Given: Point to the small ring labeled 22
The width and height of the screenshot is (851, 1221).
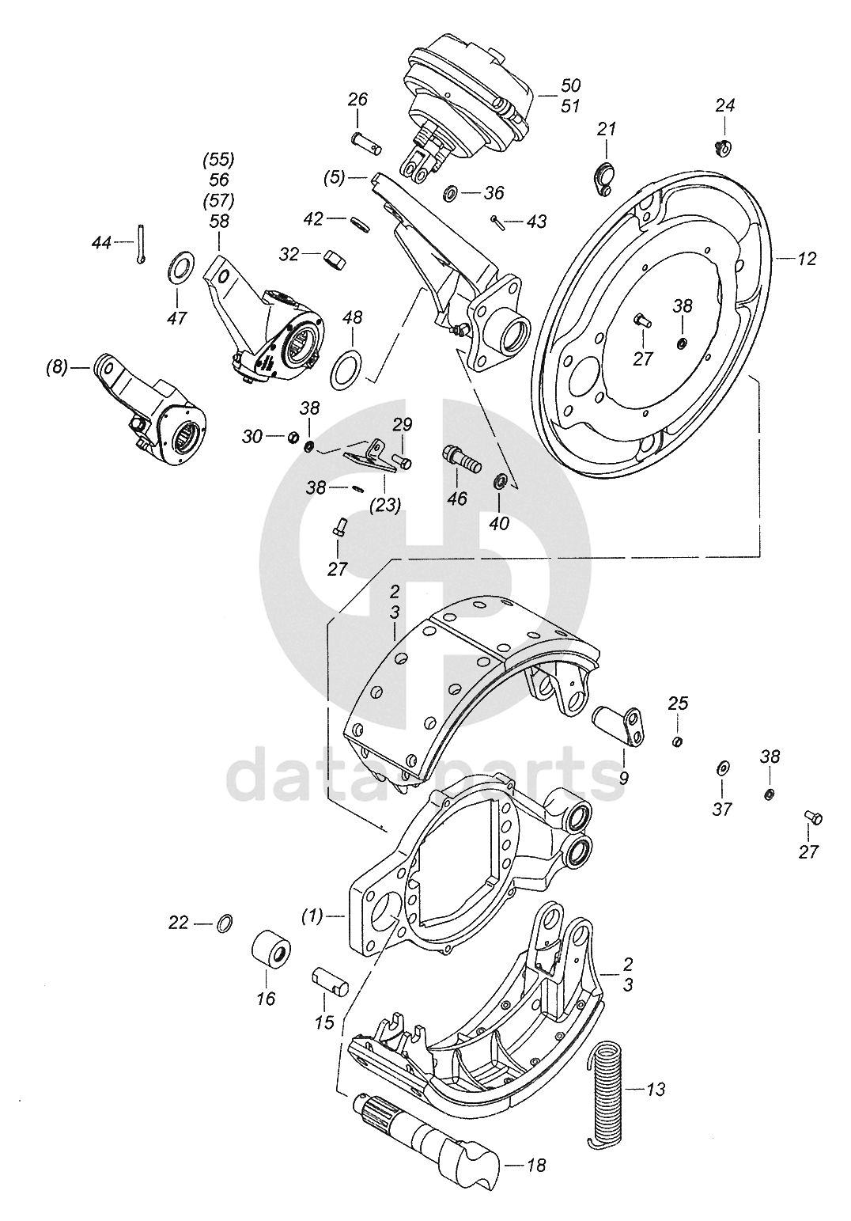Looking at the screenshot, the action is (225, 922).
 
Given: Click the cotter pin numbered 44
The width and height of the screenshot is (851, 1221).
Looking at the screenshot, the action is (141, 244).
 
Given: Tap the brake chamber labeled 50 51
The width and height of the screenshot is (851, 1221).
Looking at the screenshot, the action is (467, 99).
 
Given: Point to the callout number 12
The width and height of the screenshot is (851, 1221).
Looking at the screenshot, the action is (807, 259).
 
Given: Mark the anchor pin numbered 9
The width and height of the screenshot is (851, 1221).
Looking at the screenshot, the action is (620, 725).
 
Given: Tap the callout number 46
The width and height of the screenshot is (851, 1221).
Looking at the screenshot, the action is (457, 499).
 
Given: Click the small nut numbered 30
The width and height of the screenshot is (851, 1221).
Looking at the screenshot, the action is (290, 437).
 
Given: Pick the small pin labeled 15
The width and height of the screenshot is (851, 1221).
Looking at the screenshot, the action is (327, 980).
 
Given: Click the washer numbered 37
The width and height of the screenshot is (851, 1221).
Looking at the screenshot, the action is (722, 769).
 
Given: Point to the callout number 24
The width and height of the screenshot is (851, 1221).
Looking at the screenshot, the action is (725, 105).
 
